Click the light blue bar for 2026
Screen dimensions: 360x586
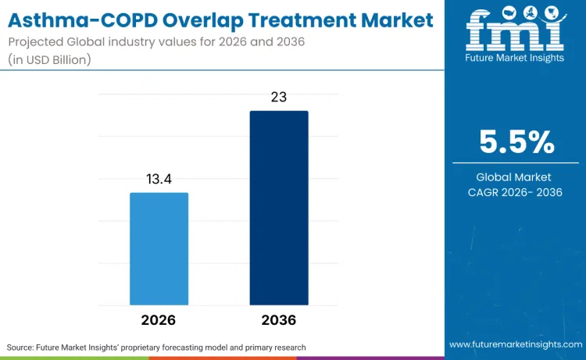click(159, 248)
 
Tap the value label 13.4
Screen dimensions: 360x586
click(159, 180)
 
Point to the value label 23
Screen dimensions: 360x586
click(279, 98)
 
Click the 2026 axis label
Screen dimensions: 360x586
click(159, 320)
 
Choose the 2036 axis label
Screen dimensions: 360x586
click(279, 320)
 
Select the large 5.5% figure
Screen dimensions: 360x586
click(516, 142)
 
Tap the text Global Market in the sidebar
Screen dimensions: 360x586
click(516, 177)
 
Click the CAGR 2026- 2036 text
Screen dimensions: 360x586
click(516, 193)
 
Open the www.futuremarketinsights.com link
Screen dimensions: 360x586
click(515, 344)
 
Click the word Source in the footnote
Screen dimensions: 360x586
click(23, 347)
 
